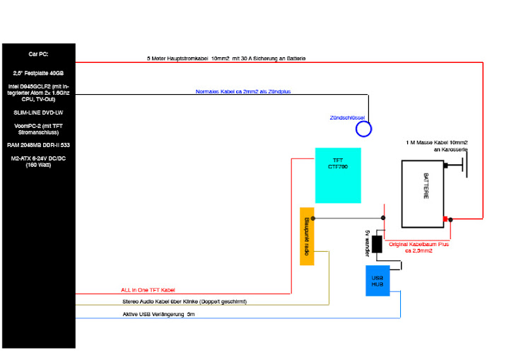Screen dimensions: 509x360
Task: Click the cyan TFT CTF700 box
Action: tap(338, 175)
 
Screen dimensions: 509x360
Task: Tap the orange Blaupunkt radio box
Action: tap(307, 236)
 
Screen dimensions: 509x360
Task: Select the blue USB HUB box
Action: tap(378, 281)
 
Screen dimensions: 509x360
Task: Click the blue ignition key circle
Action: tap(363, 129)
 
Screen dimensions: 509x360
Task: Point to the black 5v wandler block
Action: tap(377, 244)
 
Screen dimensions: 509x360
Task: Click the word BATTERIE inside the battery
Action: tap(426, 186)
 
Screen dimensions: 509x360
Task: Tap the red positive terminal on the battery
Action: tap(445, 219)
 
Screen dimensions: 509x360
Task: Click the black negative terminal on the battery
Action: tap(445, 166)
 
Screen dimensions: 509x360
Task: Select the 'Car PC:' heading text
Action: tap(38, 54)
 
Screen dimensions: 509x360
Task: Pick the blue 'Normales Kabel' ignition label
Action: tap(243, 92)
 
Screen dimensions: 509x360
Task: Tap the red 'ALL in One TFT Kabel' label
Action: tap(148, 290)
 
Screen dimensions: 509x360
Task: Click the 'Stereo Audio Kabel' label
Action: tap(185, 301)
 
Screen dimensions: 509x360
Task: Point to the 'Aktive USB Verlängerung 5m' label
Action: tap(159, 314)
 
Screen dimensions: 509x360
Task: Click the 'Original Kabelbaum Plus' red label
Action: tap(419, 248)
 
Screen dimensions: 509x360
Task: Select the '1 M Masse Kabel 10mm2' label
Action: tap(437, 146)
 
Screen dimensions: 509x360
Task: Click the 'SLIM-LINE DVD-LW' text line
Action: tap(38, 112)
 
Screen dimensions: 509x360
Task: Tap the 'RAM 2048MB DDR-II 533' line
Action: tap(38, 145)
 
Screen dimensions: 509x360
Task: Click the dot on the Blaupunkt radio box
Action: tap(313, 219)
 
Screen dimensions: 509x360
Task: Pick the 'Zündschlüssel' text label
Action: tap(347, 117)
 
